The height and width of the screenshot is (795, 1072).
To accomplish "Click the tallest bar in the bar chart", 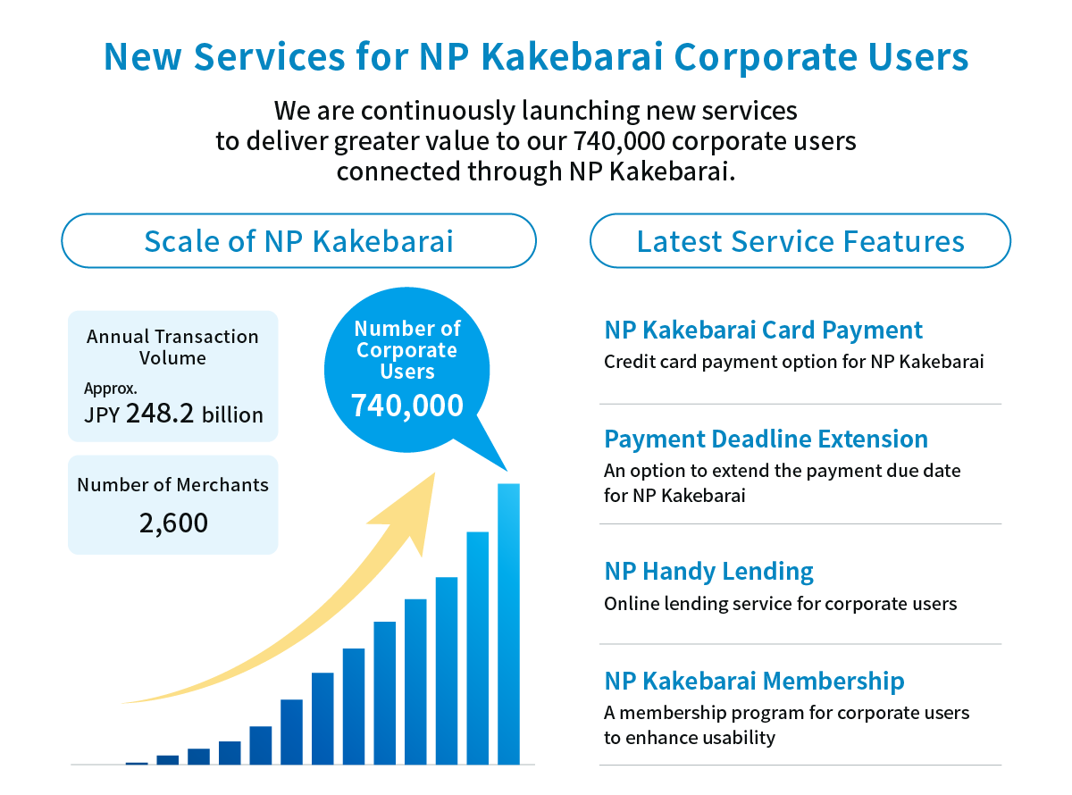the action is click(508, 623).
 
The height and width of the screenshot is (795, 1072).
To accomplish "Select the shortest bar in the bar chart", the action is click(137, 763).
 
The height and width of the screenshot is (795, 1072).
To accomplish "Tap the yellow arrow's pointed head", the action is click(433, 473).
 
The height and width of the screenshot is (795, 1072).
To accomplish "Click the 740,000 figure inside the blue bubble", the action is click(407, 405).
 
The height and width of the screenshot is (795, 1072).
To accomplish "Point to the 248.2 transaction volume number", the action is click(160, 414).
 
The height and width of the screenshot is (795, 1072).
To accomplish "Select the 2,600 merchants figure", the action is click(173, 523).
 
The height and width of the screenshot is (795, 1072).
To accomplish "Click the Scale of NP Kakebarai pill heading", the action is click(298, 240).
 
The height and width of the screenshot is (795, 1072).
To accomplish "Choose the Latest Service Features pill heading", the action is click(800, 240).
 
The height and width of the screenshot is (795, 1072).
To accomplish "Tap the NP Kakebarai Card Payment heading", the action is click(763, 331).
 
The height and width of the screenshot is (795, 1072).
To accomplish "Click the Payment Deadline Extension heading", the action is click(766, 439).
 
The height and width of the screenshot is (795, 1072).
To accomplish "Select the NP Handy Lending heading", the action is click(708, 572).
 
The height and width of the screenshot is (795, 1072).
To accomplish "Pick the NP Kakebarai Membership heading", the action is click(754, 681).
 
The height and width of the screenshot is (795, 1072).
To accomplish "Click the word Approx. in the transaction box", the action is click(110, 389).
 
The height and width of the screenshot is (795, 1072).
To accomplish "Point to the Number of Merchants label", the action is click(172, 485).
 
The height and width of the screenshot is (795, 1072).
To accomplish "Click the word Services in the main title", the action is click(269, 56).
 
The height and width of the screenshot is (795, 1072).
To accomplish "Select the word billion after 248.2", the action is click(232, 415).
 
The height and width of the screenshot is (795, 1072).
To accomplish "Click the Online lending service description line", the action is click(780, 604).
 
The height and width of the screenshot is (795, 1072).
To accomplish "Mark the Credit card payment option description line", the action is click(793, 362).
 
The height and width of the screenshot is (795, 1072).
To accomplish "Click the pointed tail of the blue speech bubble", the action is click(507, 470).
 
